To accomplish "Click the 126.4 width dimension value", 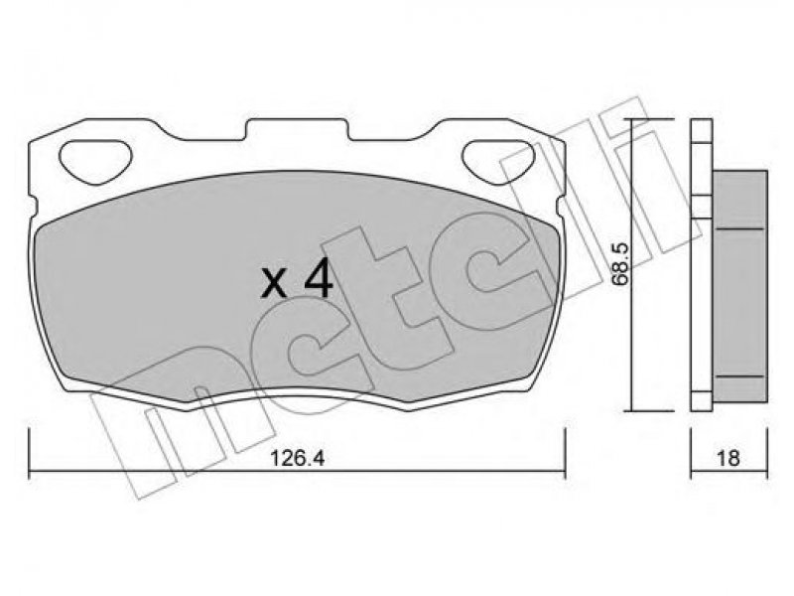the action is [297, 459].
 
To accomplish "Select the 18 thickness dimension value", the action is [728, 459].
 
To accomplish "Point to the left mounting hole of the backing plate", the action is [95, 160].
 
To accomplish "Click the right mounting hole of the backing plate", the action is [499, 160].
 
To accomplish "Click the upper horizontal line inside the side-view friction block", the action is [739, 229].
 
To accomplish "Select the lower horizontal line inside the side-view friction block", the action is [739, 377].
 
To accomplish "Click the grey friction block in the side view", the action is [739, 286].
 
